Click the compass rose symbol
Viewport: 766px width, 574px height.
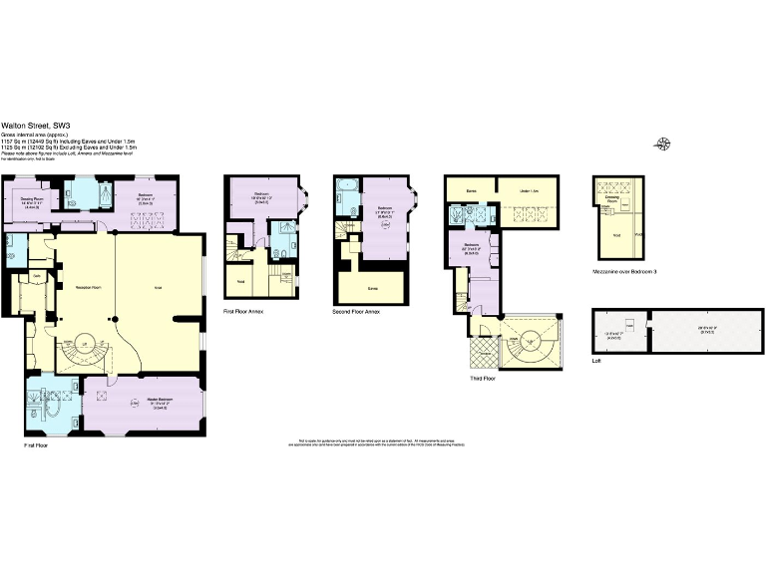tap(663, 143)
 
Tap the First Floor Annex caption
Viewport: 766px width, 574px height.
tap(244, 312)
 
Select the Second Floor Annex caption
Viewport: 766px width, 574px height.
tap(358, 312)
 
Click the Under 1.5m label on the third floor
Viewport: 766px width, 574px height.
tap(529, 189)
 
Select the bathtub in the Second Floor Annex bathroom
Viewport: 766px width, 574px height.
tap(347, 188)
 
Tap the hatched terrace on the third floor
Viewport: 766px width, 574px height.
tap(483, 349)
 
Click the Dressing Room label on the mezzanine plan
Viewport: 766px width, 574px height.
tap(613, 198)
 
